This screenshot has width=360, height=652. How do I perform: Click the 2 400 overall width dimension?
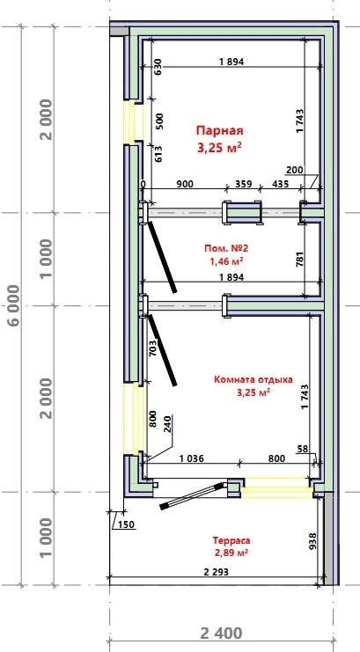click(x=221, y=634)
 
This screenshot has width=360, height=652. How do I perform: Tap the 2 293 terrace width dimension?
click(x=216, y=572)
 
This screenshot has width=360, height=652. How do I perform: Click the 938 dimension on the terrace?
click(x=314, y=541)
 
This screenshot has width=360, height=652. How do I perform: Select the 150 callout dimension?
click(x=127, y=524)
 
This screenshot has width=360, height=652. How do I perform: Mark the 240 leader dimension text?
click(x=168, y=425)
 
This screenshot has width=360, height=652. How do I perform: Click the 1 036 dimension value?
click(x=192, y=458)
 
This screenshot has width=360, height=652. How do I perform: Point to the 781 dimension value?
click(x=301, y=258)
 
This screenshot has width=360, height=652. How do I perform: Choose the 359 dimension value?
click(x=244, y=183)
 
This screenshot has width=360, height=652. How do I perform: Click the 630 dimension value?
click(x=158, y=67)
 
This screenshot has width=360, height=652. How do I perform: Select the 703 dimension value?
click(x=152, y=348)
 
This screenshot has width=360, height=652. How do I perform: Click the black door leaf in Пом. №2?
click(x=161, y=258)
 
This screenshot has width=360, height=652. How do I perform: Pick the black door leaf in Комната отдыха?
click(x=162, y=350)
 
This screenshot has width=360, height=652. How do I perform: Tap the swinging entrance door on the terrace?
click(x=192, y=495)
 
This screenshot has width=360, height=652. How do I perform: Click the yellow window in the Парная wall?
click(x=133, y=122)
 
